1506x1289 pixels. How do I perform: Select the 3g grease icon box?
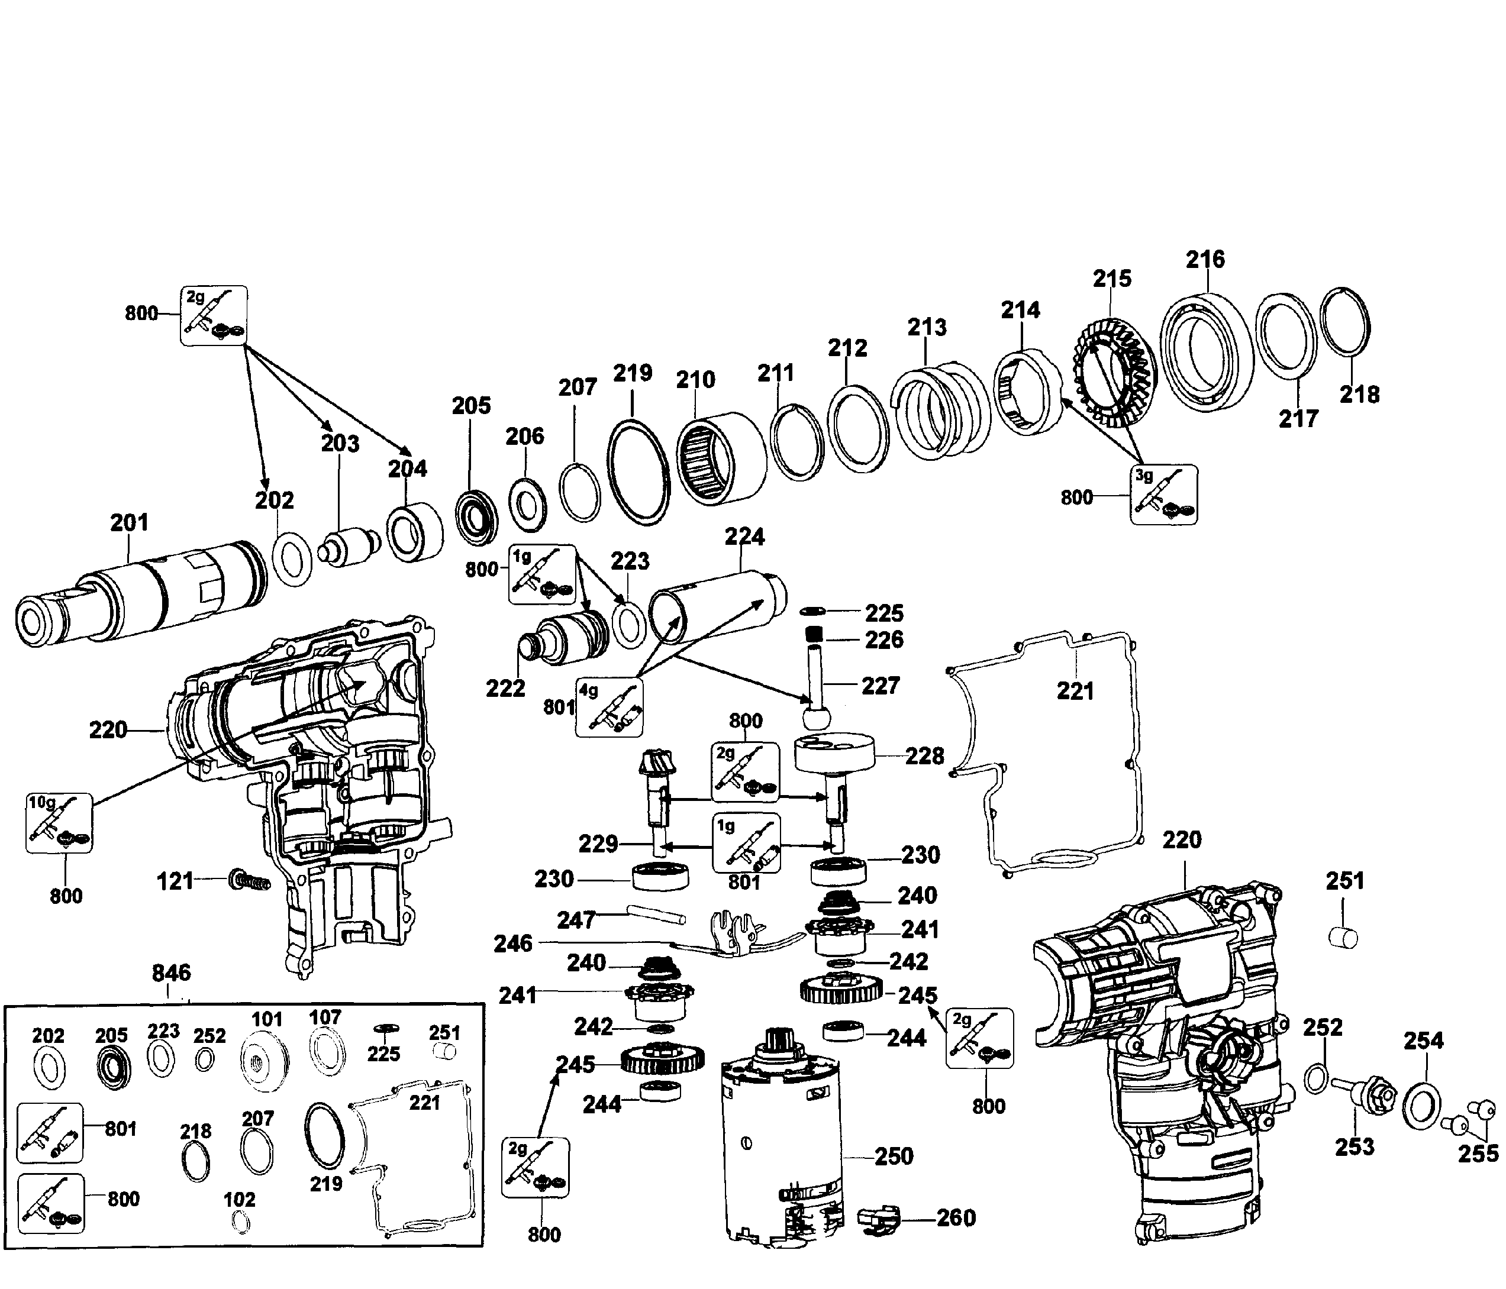tap(1163, 494)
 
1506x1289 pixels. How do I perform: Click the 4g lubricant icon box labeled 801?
tap(609, 708)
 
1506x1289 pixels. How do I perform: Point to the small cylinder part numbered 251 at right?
tap(1343, 938)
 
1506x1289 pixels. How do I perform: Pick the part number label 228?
tap(924, 757)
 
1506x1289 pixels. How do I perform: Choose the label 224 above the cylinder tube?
tap(744, 537)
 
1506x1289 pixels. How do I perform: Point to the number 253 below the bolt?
tap(1354, 1146)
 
